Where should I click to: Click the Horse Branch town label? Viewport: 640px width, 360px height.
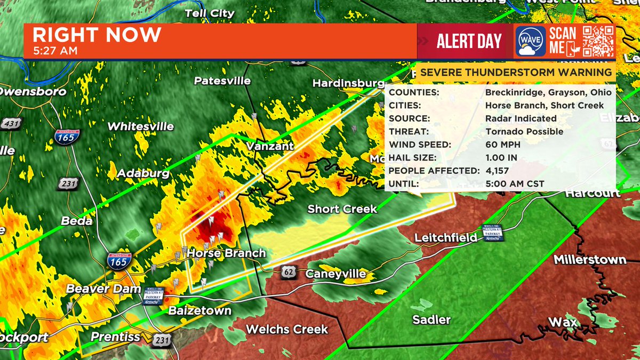tap(226, 253)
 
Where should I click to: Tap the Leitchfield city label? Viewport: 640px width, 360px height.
tap(446, 237)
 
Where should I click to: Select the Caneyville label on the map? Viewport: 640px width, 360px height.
tap(336, 274)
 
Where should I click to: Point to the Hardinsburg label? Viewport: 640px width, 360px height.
tap(348, 84)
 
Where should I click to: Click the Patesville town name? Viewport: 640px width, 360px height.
tap(222, 81)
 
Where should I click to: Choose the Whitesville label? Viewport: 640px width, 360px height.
tap(141, 126)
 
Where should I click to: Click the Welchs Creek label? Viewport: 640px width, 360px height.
tap(287, 329)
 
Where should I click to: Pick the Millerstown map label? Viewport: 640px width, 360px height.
tap(590, 260)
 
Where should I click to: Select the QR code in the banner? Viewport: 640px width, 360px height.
tap(599, 41)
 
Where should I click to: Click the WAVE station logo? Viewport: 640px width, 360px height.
tap(530, 41)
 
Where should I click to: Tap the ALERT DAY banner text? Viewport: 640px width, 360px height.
tap(469, 41)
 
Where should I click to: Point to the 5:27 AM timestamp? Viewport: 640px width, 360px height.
tap(55, 51)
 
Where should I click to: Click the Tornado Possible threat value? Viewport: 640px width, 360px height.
tap(524, 131)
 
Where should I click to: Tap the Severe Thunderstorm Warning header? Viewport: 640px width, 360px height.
tap(516, 73)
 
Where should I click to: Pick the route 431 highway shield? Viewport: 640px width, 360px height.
tap(10, 124)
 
